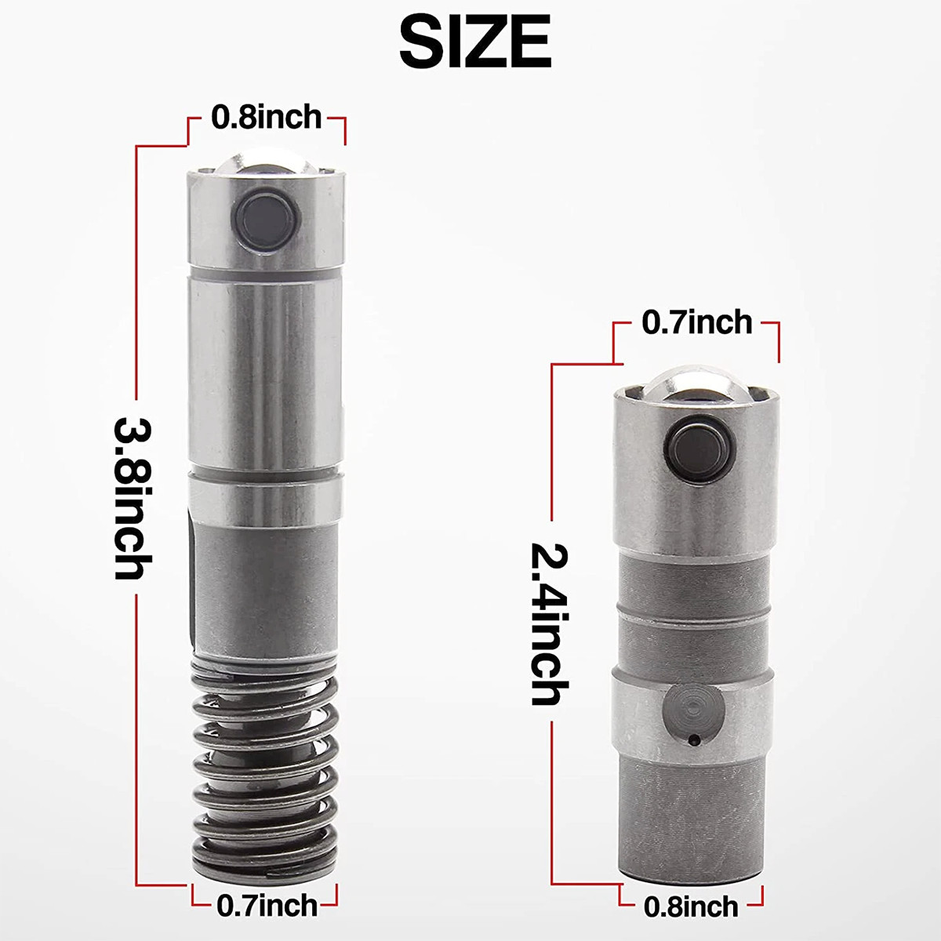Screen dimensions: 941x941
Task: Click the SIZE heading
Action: click(x=475, y=43)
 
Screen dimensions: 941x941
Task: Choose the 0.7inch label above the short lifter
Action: click(x=697, y=322)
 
